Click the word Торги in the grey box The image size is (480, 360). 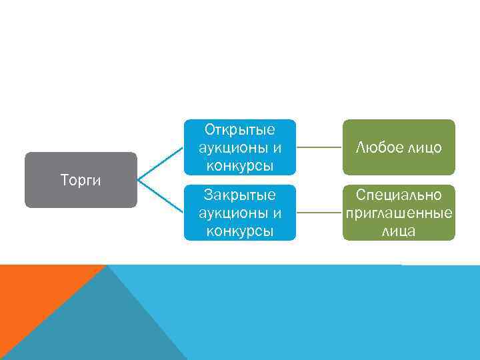click(81, 180)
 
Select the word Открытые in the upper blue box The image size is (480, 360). click(240, 129)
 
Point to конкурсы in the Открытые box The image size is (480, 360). click(240, 165)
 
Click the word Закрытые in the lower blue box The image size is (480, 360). click(240, 195)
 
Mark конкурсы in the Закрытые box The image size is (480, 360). click(240, 231)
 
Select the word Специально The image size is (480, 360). click(399, 195)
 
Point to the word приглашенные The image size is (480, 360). click(399, 213)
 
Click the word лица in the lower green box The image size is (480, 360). click(399, 231)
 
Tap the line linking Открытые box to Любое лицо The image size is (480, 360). click(319, 147)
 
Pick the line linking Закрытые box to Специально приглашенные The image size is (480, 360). click(319, 213)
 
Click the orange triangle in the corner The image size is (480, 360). click(33, 293)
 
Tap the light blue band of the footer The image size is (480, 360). click(333, 313)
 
